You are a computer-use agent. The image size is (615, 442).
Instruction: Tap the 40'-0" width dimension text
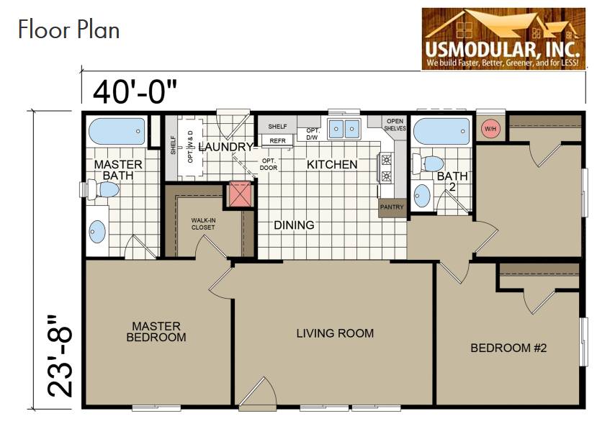(x=135, y=91)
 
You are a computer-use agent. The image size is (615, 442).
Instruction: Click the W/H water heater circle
(x=490, y=129)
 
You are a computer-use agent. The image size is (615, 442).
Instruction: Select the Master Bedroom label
(x=156, y=332)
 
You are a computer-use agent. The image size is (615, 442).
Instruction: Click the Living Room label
(x=335, y=333)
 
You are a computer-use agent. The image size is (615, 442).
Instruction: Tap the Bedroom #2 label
(x=509, y=348)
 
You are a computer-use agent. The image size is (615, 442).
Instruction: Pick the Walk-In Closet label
(x=203, y=223)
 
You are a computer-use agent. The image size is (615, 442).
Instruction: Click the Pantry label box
(x=392, y=207)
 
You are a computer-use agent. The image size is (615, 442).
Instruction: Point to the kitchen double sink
(x=344, y=130)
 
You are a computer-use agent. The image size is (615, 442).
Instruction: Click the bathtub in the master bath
(x=116, y=132)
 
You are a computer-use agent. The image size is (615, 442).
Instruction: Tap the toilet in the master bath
(x=104, y=189)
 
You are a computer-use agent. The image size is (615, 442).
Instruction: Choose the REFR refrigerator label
(x=278, y=141)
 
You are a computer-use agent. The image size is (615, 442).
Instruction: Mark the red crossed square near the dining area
(x=241, y=194)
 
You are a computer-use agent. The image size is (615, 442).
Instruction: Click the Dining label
(x=294, y=225)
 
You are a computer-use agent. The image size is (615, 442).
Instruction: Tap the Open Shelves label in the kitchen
(x=395, y=125)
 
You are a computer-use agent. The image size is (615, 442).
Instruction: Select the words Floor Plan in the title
(x=68, y=30)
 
